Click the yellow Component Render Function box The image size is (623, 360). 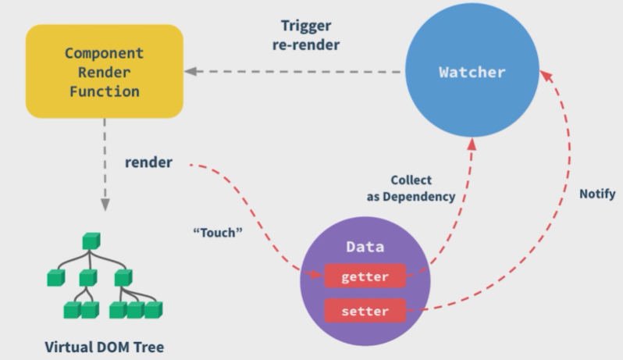[x=104, y=71]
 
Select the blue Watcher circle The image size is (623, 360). [x=472, y=73]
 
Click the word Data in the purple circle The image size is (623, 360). [x=365, y=247]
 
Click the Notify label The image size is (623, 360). [x=597, y=194]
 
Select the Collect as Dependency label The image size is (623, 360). [x=411, y=188]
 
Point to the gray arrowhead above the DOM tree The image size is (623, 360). [x=103, y=204]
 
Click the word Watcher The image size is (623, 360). [x=472, y=73]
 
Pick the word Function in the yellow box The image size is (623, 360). [x=104, y=91]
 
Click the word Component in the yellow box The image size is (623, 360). [x=104, y=54]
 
